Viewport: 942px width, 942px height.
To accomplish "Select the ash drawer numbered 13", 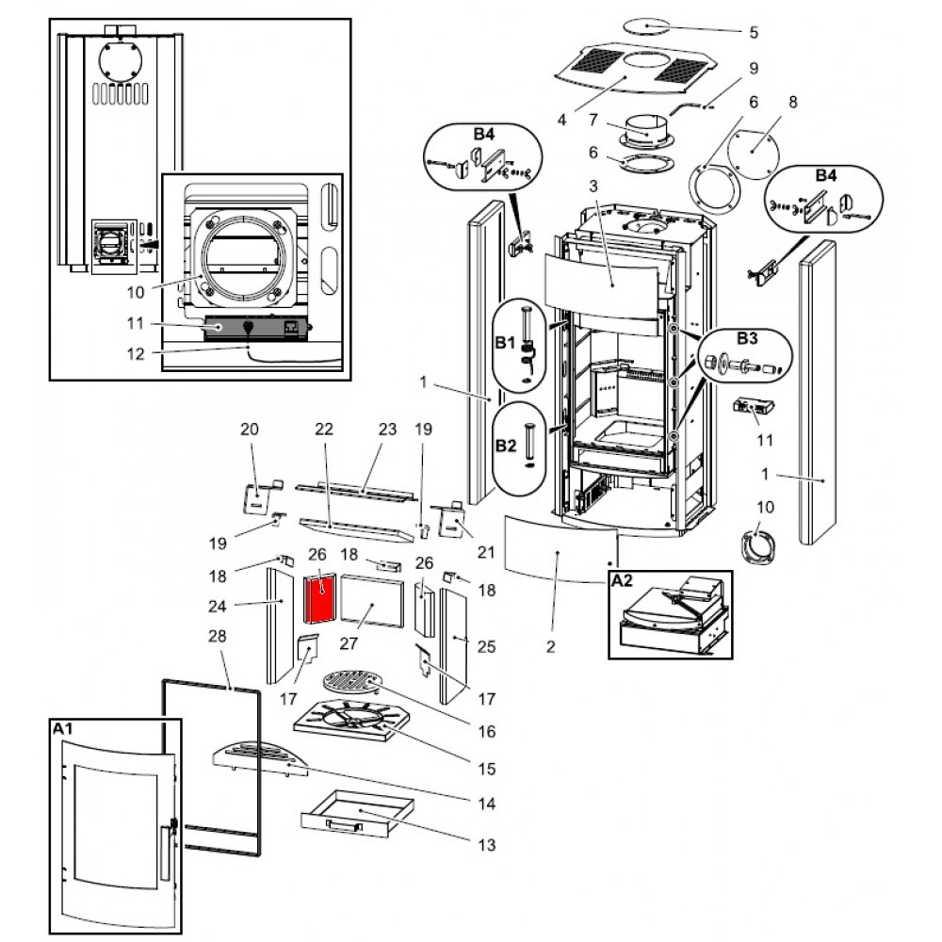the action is point(357,814).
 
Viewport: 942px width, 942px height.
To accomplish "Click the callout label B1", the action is point(505,343).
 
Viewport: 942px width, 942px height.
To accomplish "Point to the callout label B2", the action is point(506,446).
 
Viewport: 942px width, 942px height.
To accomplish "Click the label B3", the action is point(747,338).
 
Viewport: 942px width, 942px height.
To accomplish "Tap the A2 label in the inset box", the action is point(623,580).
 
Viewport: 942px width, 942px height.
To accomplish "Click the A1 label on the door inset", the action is point(62,729).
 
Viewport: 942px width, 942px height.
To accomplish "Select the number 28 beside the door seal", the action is point(218,636).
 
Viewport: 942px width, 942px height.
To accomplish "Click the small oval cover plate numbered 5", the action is point(646,26).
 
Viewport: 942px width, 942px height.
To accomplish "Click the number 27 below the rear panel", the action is point(349,643).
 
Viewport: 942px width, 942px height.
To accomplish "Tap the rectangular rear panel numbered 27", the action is point(372,600).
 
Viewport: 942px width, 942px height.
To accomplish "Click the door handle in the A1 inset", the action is point(165,853).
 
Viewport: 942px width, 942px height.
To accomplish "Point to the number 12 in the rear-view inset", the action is point(136,354).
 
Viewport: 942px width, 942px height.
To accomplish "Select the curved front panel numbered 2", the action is point(560,549).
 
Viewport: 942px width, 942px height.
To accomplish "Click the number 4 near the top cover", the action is point(561,120).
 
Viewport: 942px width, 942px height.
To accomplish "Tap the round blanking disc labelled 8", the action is point(753,154).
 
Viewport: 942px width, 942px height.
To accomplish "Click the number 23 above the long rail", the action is point(387,429).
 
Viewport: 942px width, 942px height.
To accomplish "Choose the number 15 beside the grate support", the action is point(487,769).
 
